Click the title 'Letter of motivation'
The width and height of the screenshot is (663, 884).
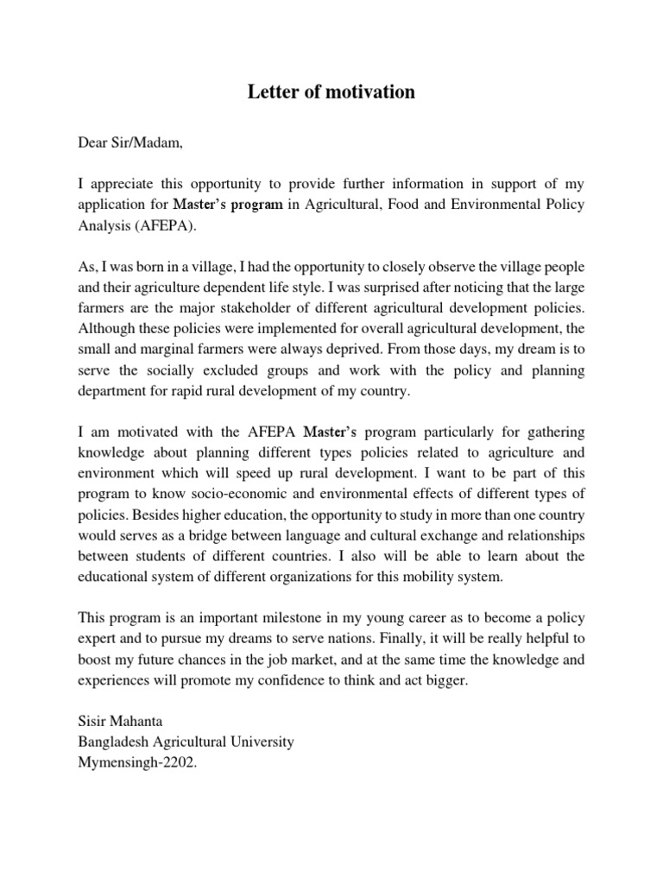[331, 92]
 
